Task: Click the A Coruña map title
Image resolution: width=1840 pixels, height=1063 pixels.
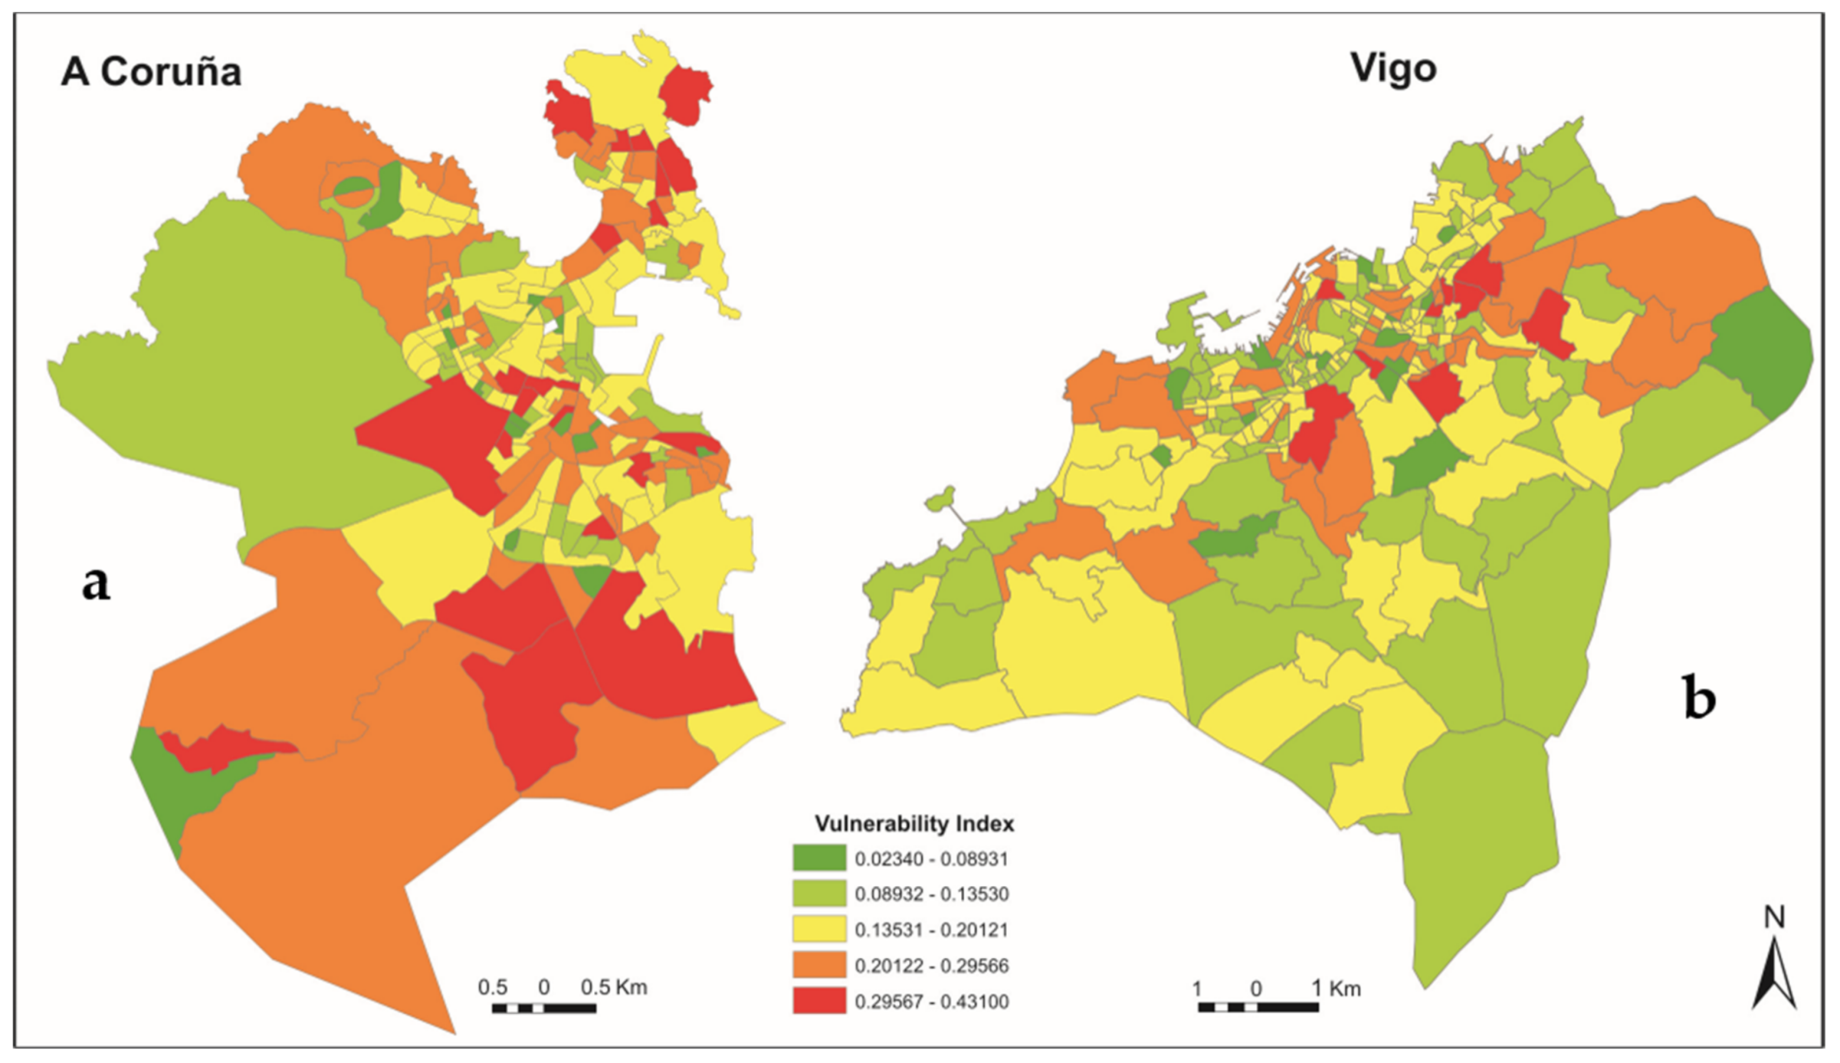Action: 151,72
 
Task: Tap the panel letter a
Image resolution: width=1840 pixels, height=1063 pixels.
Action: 96,584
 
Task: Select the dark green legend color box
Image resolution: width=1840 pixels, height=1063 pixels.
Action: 819,859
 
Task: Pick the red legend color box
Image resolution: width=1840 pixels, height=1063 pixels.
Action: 819,1001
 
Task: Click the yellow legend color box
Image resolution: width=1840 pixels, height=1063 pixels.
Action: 819,929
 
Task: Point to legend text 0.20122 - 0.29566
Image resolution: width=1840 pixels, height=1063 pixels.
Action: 931,966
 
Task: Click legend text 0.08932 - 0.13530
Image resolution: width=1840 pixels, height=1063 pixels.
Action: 931,895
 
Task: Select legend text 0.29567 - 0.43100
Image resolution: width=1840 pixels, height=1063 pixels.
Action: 931,1002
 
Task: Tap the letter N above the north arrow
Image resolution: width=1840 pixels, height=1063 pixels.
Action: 1775,917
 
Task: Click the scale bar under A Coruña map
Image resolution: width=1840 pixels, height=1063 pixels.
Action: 543,1008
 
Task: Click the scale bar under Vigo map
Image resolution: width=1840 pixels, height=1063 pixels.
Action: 1258,1007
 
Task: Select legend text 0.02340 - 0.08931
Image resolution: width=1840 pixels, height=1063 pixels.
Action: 931,859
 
